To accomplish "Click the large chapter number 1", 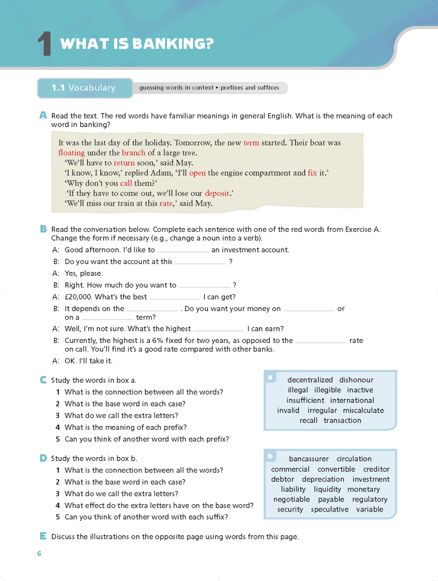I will tap(45, 44).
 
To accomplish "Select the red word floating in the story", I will tap(71, 153).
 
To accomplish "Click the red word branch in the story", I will tap(134, 153).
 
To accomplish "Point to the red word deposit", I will tap(217, 193).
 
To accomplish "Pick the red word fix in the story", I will tap(312, 173).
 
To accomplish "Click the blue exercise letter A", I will tap(43, 115).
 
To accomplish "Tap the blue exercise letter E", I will tap(43, 536).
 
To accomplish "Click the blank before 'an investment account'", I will tap(183, 250).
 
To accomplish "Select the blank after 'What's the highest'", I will tap(219, 329).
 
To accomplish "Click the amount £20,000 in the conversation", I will tap(78, 297).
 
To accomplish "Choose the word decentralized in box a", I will tap(310, 380).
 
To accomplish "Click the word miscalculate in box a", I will tap(363, 411).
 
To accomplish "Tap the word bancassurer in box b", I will tap(309, 459).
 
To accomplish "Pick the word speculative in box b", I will tap(330, 510).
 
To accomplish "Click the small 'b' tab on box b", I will tap(270, 456).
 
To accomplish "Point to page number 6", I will tap(39, 553).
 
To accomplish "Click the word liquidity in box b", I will tap(327, 490).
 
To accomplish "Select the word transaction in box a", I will tap(342, 421).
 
